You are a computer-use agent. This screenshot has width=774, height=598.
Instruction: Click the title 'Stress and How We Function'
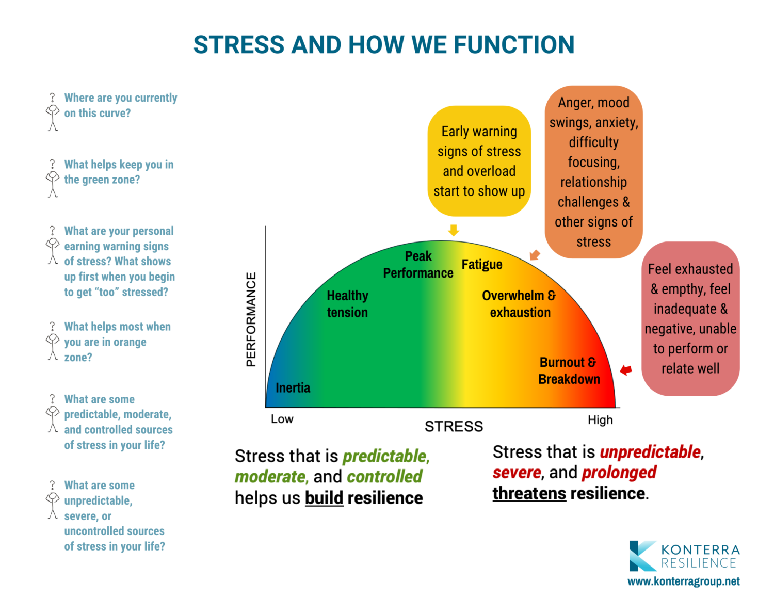(x=384, y=45)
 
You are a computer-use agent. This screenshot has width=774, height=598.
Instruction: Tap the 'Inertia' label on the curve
(x=293, y=388)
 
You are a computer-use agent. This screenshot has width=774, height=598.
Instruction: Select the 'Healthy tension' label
(x=347, y=304)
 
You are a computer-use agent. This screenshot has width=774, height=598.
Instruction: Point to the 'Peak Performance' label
(x=418, y=265)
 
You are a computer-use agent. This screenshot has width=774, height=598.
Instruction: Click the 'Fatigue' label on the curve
(x=481, y=265)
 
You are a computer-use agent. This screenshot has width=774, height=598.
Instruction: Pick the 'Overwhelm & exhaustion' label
(x=519, y=304)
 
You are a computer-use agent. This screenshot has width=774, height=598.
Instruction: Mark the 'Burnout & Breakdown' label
(x=569, y=370)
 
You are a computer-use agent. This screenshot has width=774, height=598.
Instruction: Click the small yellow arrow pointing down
(x=454, y=230)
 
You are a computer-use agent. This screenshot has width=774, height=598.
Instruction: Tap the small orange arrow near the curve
(x=535, y=255)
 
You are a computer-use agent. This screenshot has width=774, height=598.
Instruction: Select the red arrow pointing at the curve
(x=626, y=370)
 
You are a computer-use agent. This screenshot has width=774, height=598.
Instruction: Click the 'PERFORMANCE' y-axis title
(x=251, y=319)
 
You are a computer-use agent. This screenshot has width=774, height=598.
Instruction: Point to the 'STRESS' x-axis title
(x=454, y=427)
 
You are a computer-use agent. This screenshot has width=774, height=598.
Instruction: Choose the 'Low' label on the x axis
(x=282, y=419)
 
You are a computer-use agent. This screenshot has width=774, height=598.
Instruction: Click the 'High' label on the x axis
(x=600, y=420)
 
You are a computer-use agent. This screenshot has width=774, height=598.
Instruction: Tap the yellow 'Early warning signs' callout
(x=479, y=161)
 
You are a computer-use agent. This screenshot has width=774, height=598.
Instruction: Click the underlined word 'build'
(x=324, y=498)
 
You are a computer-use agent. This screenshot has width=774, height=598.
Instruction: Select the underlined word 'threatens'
(x=529, y=494)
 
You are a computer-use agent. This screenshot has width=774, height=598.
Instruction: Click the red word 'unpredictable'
(x=650, y=452)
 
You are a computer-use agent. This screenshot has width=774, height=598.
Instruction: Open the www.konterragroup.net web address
(x=683, y=581)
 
